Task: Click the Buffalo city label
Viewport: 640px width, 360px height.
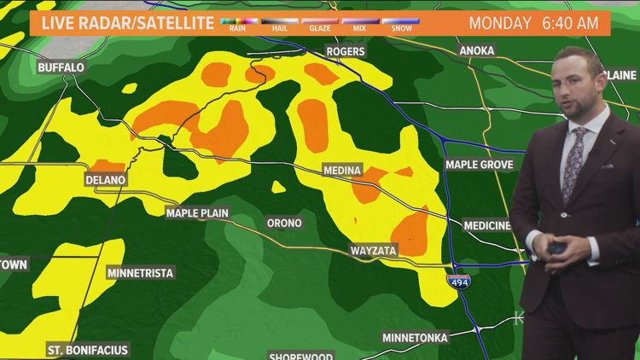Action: coord(61,67)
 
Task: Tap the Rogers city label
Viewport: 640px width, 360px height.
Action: coord(346,52)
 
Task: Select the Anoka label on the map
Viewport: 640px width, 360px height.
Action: coord(476,51)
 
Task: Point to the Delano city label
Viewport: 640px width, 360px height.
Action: coord(105,180)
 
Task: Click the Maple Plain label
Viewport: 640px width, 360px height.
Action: coord(197,212)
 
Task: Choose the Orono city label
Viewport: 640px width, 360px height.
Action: coord(284,223)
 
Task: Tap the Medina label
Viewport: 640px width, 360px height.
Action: coord(342,170)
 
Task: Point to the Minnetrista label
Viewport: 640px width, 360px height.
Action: coord(140,273)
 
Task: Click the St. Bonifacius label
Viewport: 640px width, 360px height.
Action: coord(87,350)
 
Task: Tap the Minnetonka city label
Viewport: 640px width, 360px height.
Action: coord(415,338)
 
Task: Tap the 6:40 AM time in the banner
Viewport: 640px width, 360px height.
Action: coord(570,23)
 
